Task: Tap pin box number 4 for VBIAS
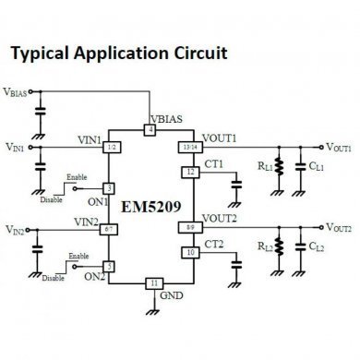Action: click(x=149, y=131)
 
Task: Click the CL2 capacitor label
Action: click(x=318, y=248)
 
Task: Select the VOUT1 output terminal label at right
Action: click(x=339, y=148)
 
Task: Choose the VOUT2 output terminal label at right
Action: click(x=339, y=227)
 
